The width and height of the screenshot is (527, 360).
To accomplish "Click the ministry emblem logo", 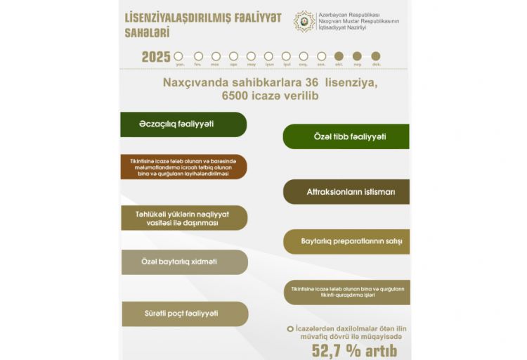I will (304, 21).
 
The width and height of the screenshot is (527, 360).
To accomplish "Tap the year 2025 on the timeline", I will (156, 57).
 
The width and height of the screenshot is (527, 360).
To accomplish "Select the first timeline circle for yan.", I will (181, 56).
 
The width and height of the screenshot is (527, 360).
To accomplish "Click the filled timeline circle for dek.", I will (376, 56).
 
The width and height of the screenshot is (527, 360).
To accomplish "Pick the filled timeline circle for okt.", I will (339, 56).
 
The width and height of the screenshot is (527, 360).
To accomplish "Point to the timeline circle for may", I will (251, 56).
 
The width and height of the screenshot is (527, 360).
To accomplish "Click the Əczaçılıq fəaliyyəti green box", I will (183, 124).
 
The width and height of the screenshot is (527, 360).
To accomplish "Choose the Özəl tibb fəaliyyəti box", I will (346, 136).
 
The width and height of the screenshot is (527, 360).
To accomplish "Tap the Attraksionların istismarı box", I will (346, 191).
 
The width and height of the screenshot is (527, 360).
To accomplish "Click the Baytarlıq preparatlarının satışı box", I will (346, 241).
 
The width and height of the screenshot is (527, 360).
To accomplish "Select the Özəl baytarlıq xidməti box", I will (183, 262).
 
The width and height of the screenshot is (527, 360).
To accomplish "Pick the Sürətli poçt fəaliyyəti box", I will (183, 314).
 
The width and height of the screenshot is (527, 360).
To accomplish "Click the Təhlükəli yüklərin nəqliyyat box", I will (183, 217).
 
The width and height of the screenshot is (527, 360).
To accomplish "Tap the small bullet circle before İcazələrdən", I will (289, 328).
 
